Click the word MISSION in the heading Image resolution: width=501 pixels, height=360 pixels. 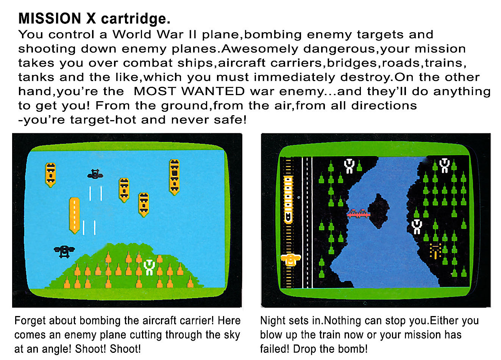coord(50,18)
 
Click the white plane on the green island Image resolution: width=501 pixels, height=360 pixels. coord(149,267)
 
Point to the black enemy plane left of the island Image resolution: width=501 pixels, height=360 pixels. coord(64,251)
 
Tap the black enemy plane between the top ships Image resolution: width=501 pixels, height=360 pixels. coord(95,174)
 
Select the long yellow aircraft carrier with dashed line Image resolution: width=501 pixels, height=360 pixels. coord(74,215)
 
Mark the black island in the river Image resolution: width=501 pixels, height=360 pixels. coord(379,211)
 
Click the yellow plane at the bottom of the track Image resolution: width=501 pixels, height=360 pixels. coord(290,260)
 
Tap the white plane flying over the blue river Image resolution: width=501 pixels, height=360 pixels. coord(417,227)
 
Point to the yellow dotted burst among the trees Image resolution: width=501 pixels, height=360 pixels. coord(435,251)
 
